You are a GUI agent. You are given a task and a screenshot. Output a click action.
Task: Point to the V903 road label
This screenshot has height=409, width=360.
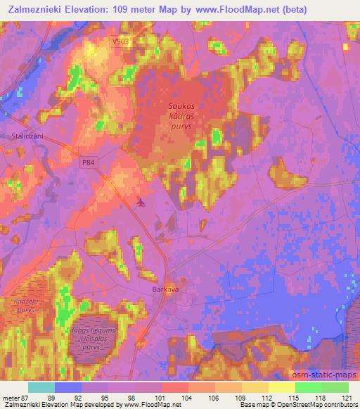point(120,42)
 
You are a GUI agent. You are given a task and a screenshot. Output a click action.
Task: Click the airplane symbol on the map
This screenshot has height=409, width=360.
point(141,203)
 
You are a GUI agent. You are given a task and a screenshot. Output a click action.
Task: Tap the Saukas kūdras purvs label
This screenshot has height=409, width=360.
point(181,112)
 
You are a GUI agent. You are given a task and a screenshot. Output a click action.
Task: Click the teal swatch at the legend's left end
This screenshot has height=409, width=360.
point(41,387)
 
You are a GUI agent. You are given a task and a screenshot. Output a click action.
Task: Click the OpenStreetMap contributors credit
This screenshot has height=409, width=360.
point(316,405)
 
